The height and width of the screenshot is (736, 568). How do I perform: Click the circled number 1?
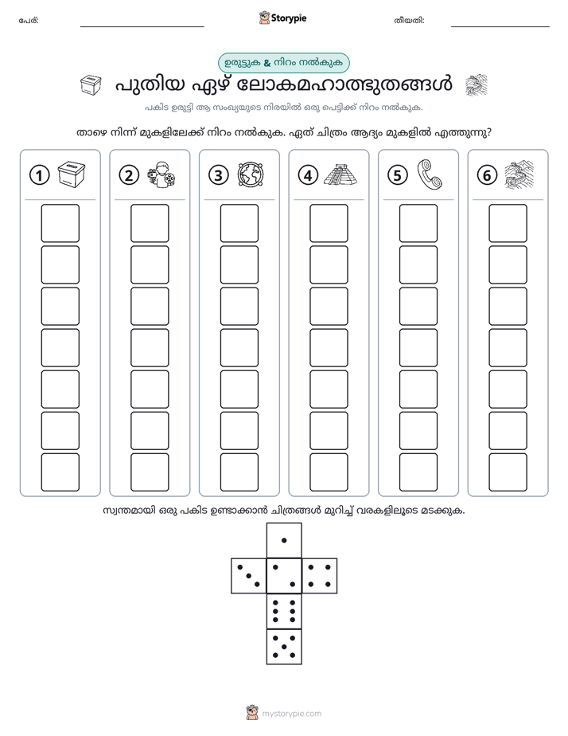click(x=39, y=175)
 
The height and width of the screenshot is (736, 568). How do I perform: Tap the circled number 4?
click(x=308, y=175)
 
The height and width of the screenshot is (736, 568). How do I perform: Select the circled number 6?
click(x=487, y=175)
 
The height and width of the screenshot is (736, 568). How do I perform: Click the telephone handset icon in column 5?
click(x=430, y=174)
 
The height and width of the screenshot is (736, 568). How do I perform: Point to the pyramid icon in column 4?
click(x=340, y=174)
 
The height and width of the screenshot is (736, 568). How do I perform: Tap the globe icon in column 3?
click(x=251, y=174)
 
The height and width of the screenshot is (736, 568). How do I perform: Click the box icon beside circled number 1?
click(x=72, y=174)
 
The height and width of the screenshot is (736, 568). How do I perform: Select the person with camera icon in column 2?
click(x=161, y=174)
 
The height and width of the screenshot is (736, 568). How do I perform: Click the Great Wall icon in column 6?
click(x=519, y=174)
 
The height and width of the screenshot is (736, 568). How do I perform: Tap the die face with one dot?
click(x=284, y=541)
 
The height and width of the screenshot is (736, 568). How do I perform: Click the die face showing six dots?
click(x=284, y=611)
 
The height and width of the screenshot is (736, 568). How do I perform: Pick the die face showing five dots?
click(x=284, y=647)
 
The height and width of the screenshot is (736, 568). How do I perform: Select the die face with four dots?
click(x=320, y=576)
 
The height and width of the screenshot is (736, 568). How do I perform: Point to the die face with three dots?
click(x=249, y=576)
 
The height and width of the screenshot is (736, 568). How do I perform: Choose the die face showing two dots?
click(x=284, y=576)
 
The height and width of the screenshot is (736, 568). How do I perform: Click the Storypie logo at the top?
click(x=282, y=18)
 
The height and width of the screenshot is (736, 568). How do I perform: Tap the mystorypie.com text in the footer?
click(x=291, y=714)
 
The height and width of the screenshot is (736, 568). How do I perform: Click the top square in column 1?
click(x=60, y=223)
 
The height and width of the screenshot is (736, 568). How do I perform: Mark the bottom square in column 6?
click(x=508, y=472)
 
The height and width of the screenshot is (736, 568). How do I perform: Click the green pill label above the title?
click(x=284, y=63)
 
